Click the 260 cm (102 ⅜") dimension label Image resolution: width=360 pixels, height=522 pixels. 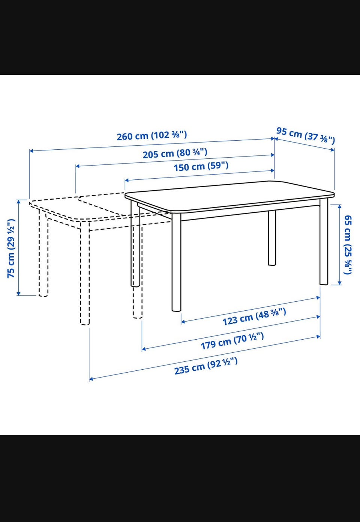151,135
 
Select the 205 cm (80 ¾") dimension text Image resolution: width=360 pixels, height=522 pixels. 175,153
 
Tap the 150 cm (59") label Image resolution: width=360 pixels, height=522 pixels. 201,166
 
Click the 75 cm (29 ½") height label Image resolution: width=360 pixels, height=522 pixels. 11,248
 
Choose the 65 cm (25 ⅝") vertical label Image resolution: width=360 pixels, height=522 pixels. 348,245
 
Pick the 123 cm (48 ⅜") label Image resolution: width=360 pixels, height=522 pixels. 254,316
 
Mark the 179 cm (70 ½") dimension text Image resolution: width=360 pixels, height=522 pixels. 232,341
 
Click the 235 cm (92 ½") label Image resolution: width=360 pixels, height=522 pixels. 206,366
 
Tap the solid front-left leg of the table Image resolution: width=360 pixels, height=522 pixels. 176,263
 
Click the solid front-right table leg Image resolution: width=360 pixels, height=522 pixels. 324,241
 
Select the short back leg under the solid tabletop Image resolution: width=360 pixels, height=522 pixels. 272,238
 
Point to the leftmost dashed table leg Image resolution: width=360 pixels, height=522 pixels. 43,253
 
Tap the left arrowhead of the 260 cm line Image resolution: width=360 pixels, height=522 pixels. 31,151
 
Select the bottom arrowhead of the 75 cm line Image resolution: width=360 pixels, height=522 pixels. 19,293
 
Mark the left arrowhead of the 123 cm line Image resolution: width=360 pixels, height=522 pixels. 183,322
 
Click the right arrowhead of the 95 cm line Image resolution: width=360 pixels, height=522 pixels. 333,150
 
